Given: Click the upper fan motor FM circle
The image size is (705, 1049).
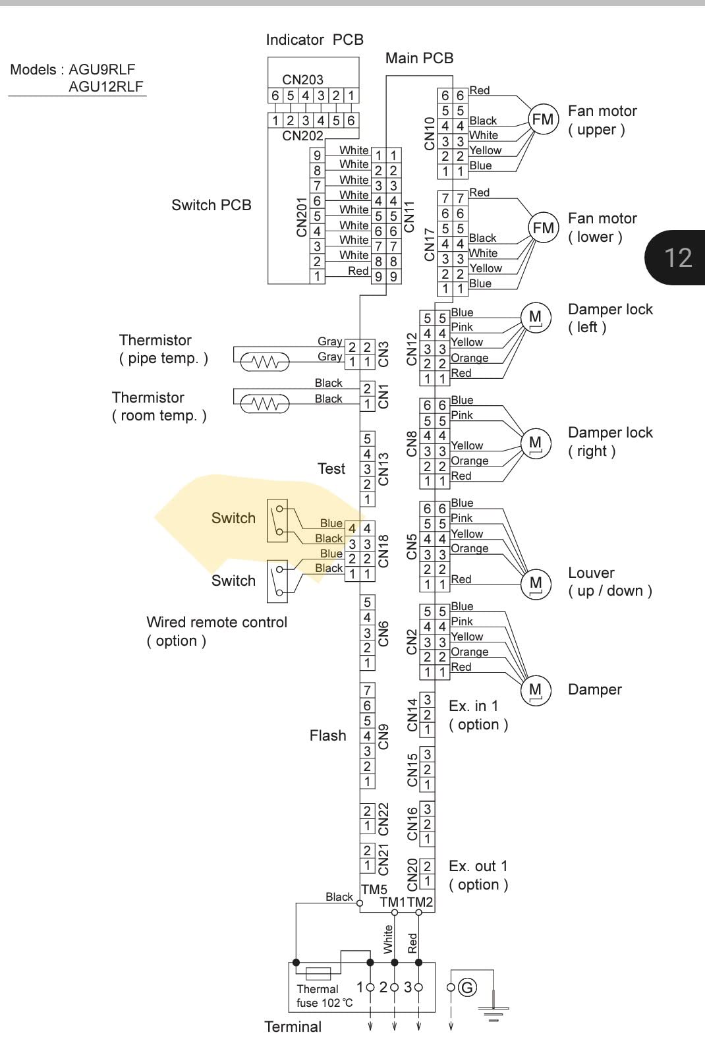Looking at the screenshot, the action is click(543, 120).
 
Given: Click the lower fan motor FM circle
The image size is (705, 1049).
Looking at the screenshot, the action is click(543, 228).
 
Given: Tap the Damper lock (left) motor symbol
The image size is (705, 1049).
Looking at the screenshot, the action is click(536, 318).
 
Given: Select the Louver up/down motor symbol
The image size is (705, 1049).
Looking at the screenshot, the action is click(536, 584).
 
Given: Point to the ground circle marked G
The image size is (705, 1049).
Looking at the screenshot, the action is click(467, 988).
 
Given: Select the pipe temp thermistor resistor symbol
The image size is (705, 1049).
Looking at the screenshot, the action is click(264, 362).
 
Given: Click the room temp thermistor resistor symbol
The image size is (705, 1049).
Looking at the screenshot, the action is click(264, 403).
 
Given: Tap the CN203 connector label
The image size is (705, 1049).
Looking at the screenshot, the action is click(302, 80).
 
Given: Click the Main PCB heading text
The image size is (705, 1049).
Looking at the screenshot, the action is click(420, 58).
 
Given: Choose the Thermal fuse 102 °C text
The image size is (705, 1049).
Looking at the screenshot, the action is click(324, 996).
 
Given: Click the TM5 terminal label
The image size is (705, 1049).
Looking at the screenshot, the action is click(374, 890).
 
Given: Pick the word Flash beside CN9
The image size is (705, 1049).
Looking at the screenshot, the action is click(327, 735).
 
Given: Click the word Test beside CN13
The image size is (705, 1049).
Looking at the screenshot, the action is click(331, 468).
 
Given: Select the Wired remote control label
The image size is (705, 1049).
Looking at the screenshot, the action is click(217, 623).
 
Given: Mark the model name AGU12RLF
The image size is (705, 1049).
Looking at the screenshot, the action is click(106, 86).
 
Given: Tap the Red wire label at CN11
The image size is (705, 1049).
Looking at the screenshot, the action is click(358, 271).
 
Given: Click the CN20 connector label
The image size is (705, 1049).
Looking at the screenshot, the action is click(412, 875).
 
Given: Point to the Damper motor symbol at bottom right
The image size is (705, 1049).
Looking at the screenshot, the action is click(536, 691).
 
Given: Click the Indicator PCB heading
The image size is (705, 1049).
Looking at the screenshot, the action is click(314, 40).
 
